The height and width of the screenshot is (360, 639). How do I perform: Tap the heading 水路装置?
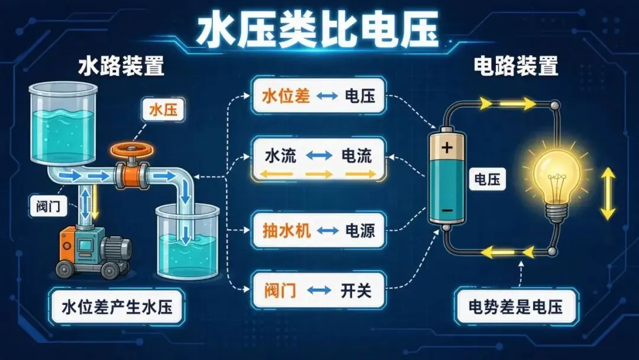(121, 66)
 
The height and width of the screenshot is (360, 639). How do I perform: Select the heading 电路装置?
(515, 66)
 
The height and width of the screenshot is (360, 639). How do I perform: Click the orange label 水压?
(163, 110)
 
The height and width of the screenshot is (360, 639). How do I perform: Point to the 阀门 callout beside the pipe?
(48, 205)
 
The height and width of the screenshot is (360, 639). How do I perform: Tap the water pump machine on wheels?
(93, 251)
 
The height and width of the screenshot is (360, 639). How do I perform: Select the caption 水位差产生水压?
(117, 307)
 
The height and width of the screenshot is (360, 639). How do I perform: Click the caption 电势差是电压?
(516, 307)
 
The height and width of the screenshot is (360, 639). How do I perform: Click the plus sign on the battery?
(447, 147)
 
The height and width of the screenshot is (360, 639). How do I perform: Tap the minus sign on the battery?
(447, 210)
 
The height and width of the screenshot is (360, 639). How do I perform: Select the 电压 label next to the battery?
(488, 179)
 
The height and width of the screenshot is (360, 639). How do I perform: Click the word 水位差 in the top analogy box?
(286, 97)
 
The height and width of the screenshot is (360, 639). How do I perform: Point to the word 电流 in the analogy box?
(357, 156)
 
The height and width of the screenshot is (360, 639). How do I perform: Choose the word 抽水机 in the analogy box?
(286, 231)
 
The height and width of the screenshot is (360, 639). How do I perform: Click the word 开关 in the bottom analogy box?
(356, 291)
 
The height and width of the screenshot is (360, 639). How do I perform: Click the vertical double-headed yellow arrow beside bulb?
(608, 194)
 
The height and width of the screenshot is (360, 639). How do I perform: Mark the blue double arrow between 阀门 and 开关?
(319, 290)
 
